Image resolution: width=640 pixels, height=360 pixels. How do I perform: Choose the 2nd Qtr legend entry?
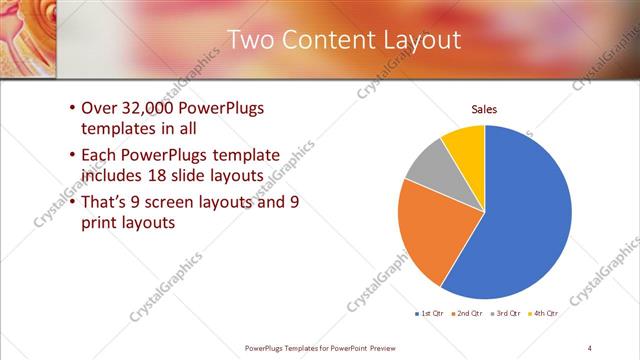coord(469,314)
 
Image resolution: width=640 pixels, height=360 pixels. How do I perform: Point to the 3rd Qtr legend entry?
coord(508,314)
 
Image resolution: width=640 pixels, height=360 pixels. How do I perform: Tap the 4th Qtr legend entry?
coord(546,314)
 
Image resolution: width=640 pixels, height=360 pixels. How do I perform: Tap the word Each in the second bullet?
coord(99,156)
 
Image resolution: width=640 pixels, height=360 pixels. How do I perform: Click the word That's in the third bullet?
coord(105,203)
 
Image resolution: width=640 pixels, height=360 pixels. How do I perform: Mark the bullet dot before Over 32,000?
coord(71,109)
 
